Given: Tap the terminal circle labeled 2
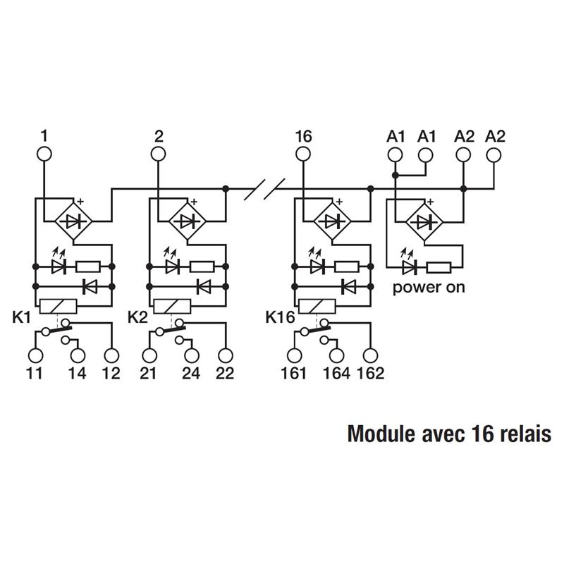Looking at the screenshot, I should coord(157,154).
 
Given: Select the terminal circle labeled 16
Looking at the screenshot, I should coord(303,154).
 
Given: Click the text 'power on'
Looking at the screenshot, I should coord(429,288).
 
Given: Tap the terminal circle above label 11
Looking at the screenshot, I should coord(35,356).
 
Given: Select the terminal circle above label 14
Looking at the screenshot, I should coord(78,356).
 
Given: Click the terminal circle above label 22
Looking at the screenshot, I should coord(226,356).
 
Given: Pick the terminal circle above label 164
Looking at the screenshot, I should coord(336,356).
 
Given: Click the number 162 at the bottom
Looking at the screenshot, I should coord(371,374).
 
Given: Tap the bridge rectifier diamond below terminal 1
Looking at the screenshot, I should coord(74,221).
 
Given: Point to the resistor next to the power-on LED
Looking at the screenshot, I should coord(439,267).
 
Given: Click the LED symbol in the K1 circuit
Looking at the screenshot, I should coord(59,266).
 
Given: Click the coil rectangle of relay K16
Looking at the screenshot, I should coord(316,307).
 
